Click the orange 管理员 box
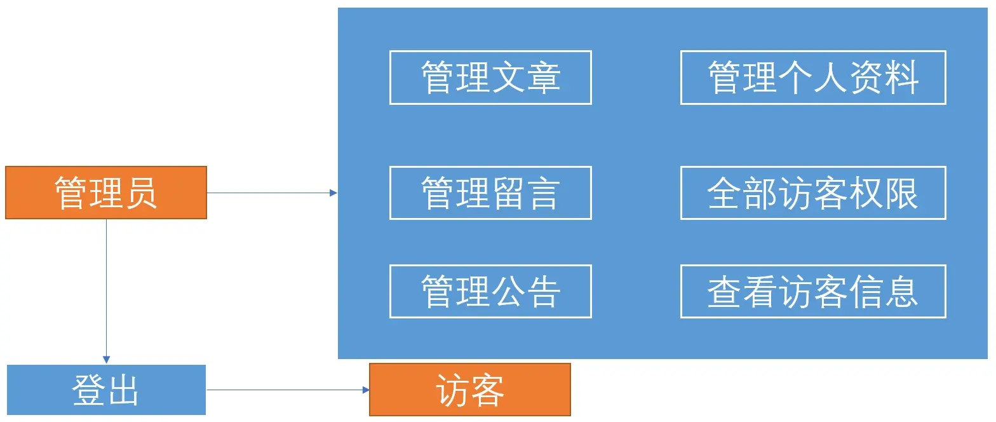106,193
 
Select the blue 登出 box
106,390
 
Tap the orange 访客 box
470,390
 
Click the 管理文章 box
490,78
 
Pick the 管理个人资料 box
813,78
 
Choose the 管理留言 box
490,193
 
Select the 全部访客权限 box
813,193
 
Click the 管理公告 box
490,291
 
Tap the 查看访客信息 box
813,291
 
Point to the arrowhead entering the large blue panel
333,193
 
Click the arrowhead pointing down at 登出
106,360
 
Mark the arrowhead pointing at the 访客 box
366,390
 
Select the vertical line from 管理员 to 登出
106,286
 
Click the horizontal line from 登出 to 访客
286,390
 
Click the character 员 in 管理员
141,193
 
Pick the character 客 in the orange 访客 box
488,390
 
